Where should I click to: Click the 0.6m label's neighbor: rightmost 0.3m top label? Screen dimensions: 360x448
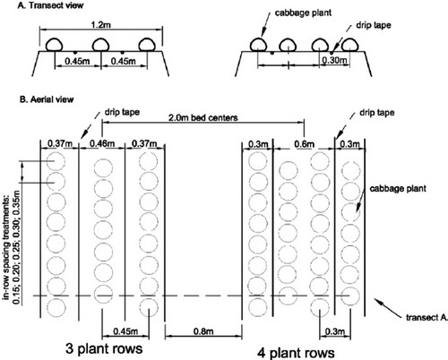[x=346, y=143]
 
